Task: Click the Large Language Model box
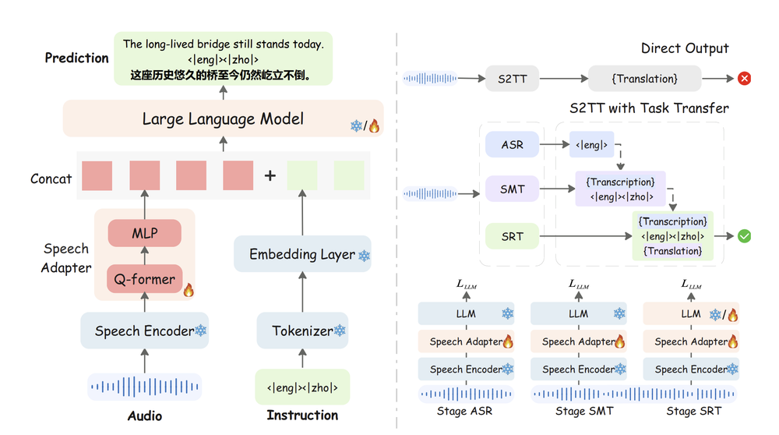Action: click(x=223, y=119)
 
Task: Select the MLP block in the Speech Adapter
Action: click(x=144, y=233)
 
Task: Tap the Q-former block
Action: click(x=144, y=278)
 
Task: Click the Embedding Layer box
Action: click(x=302, y=255)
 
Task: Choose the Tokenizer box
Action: click(x=302, y=331)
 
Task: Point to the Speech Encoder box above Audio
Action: click(x=144, y=331)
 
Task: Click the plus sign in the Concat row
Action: click(x=270, y=176)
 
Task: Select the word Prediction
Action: click(x=76, y=58)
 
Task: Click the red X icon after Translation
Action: click(x=744, y=78)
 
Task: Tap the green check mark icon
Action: click(x=744, y=236)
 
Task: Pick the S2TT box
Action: click(x=512, y=78)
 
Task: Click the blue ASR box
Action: click(x=512, y=144)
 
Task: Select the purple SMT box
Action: click(x=512, y=189)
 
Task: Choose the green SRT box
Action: click(x=512, y=236)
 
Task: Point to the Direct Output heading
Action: click(x=685, y=48)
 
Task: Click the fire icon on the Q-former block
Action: click(x=188, y=290)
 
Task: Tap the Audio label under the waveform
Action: click(x=144, y=416)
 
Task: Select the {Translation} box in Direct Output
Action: click(x=644, y=78)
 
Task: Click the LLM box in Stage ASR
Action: click(x=466, y=313)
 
